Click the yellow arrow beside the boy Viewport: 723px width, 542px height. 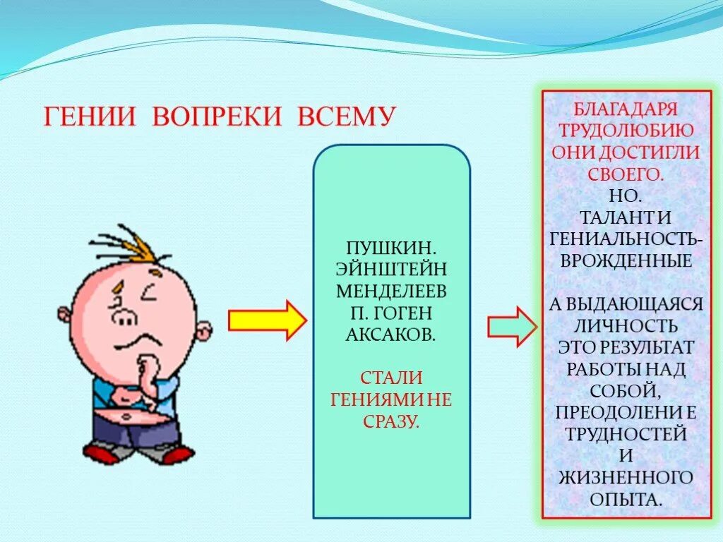267,321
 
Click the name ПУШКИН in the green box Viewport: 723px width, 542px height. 391,249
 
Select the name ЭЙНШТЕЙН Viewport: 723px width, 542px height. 391,270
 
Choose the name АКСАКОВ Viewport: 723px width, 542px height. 391,334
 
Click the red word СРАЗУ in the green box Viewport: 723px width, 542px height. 391,422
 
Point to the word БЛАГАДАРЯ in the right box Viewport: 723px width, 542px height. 626,110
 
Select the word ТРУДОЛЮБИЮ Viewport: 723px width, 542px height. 626,131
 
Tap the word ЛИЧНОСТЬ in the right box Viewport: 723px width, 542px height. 626,325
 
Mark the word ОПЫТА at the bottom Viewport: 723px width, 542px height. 626,499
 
